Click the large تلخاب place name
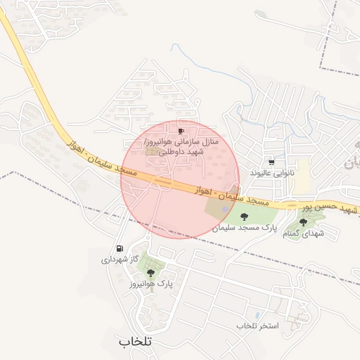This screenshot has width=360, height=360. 136,342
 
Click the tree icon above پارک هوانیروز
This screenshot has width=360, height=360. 150,272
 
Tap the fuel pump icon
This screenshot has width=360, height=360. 119,248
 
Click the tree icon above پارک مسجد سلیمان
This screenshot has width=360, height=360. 244,217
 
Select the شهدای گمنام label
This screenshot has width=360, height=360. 304,233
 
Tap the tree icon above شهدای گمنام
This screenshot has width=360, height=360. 303,222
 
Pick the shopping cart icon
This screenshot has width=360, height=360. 271,162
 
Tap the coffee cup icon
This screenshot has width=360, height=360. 181,131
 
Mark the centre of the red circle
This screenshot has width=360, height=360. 180,179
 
